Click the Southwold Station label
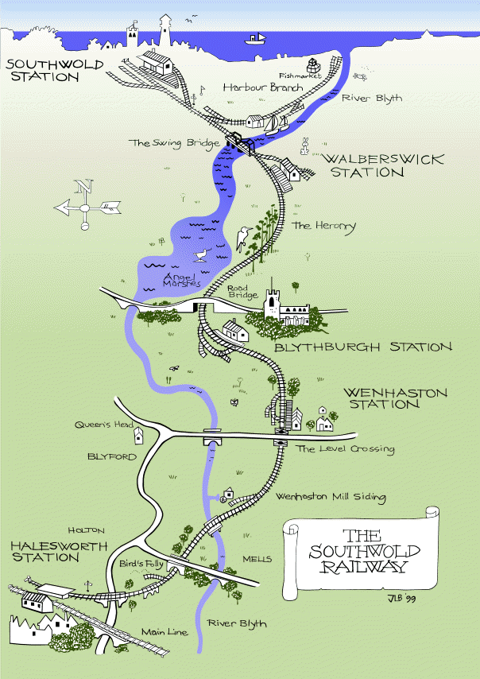(x=41, y=71)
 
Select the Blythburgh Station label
(x=362, y=347)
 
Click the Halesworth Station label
(x=45, y=551)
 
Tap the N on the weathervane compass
(x=83, y=187)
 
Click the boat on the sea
(x=256, y=38)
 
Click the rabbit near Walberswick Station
(x=304, y=146)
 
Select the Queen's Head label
(x=103, y=425)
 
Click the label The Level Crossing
(x=345, y=449)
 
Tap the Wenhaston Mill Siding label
(x=330, y=497)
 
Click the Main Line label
(x=163, y=632)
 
